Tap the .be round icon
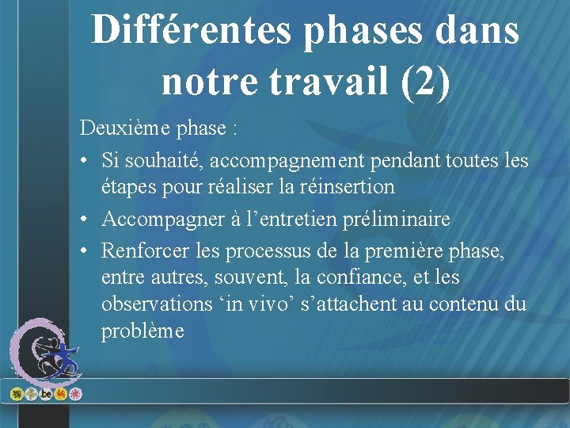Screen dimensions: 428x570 pyautogui.click(x=46, y=394)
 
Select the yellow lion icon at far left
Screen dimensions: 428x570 pyautogui.click(x=16, y=394)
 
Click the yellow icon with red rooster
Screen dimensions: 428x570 pyautogui.click(x=61, y=394)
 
